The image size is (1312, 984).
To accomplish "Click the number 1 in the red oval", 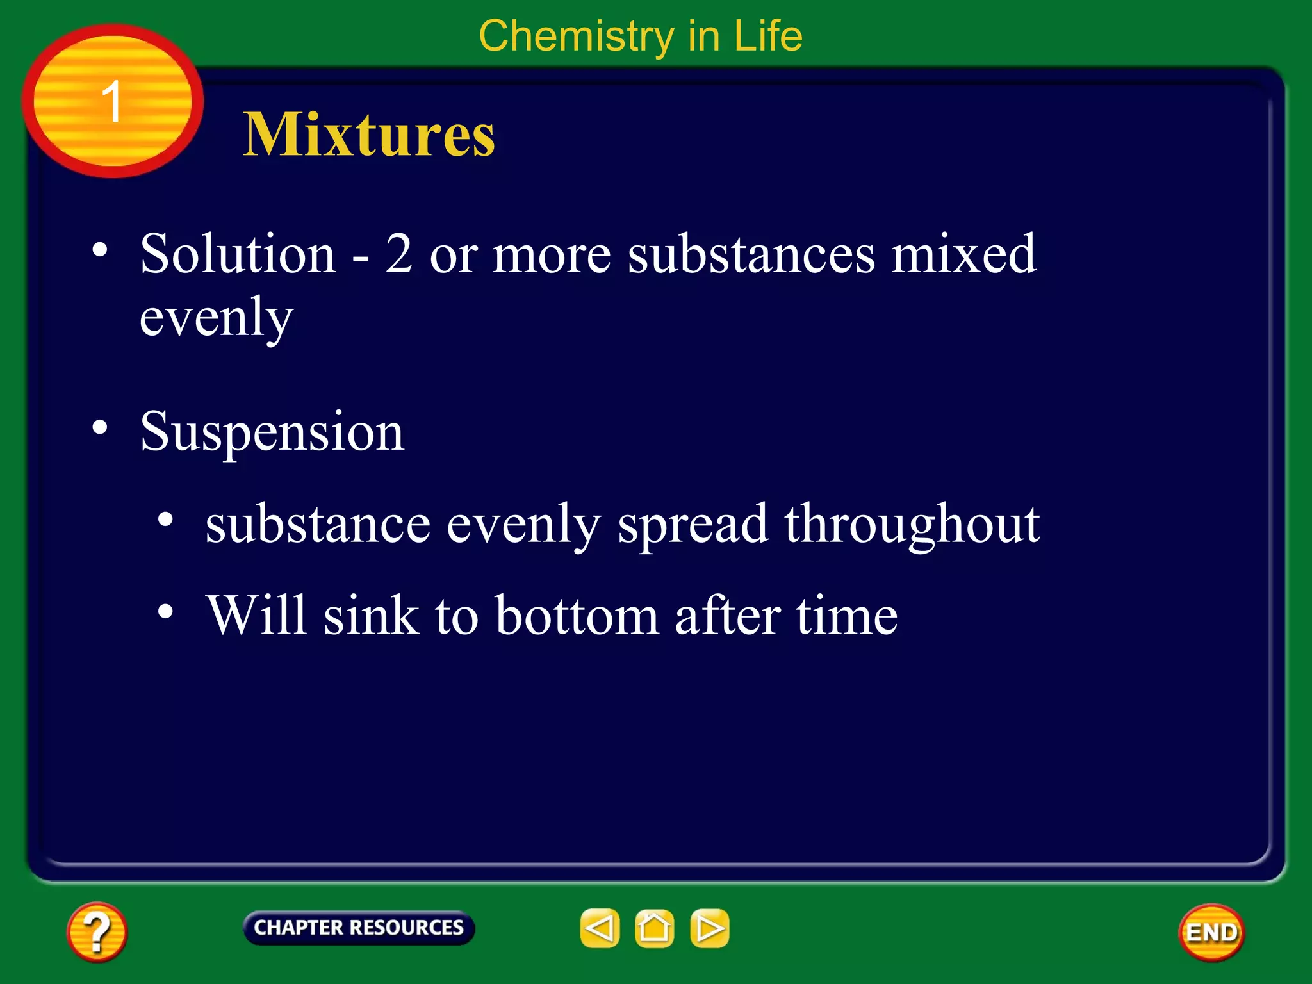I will (x=112, y=101).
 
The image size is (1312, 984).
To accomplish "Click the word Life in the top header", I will (x=767, y=36).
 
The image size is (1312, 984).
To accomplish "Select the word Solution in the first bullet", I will (x=238, y=254).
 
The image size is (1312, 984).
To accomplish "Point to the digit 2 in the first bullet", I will (x=398, y=254).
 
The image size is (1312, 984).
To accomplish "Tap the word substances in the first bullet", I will (x=751, y=254).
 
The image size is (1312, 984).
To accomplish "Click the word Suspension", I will (x=272, y=432).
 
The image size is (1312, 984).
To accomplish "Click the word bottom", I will (x=577, y=616).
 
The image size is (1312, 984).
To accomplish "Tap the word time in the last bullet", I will (x=846, y=616).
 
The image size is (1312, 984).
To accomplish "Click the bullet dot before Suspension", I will (x=99, y=427).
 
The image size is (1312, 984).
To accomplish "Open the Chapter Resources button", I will (x=359, y=928).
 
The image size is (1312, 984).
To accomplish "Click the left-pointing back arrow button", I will (x=600, y=928).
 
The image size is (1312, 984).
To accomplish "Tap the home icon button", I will (x=654, y=928).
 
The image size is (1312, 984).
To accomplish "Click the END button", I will (x=1211, y=932).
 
